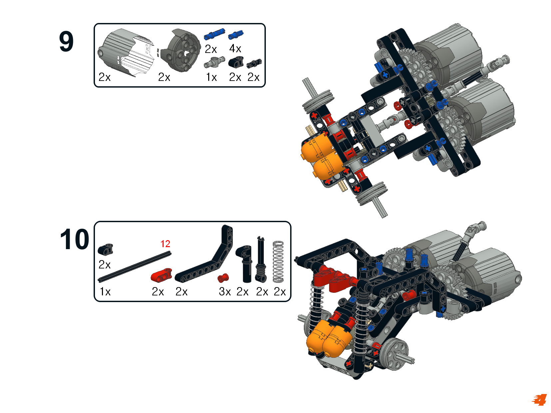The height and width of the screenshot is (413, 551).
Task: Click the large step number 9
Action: pyautogui.click(x=66, y=41)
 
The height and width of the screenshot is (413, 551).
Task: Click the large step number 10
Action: pyautogui.click(x=75, y=239)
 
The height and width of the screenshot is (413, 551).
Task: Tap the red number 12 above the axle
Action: pyautogui.click(x=165, y=243)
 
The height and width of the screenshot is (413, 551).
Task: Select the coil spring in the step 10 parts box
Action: pyautogui.click(x=278, y=262)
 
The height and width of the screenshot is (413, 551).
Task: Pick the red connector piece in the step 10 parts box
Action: pyautogui.click(x=161, y=275)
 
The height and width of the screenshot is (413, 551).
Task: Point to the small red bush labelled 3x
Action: pyautogui.click(x=223, y=278)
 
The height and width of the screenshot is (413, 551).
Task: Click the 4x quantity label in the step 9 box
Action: pyautogui.click(x=235, y=48)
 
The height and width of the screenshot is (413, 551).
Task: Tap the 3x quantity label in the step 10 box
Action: pyautogui.click(x=225, y=291)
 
